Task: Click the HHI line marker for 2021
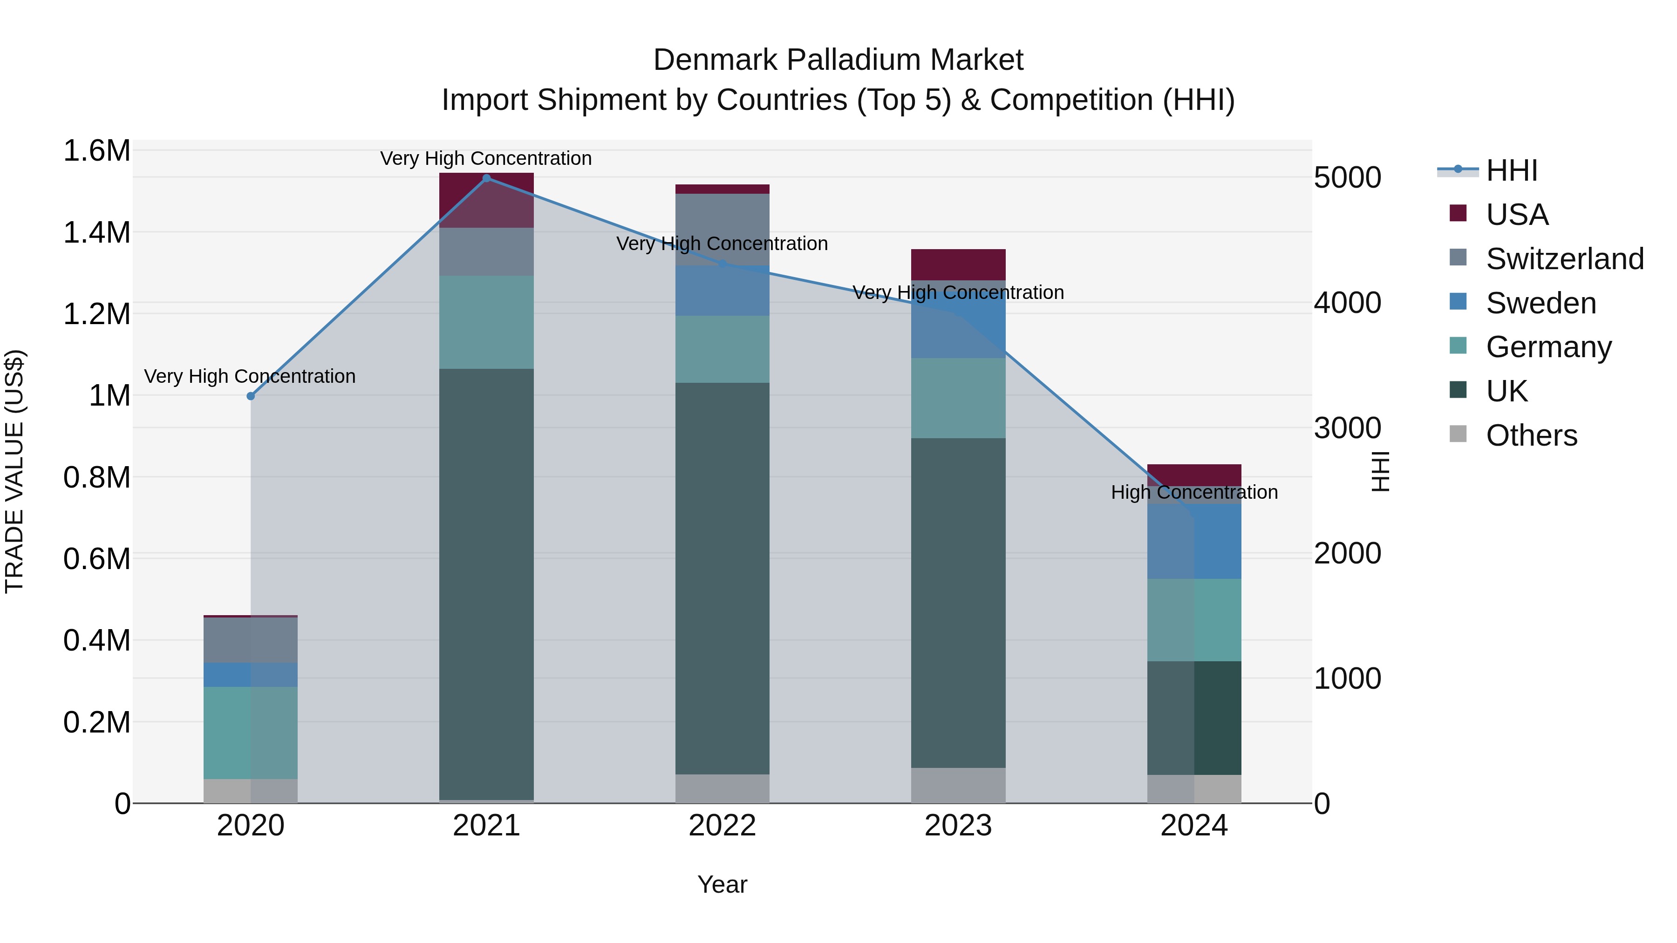tap(486, 178)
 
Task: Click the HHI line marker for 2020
tap(251, 396)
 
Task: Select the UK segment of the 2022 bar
tap(722, 578)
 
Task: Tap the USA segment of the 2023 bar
tap(958, 264)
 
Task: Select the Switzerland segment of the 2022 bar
tap(722, 229)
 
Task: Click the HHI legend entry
tap(1512, 170)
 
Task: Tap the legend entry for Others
tap(1531, 435)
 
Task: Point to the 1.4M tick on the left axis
tap(96, 232)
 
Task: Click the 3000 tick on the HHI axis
tap(1347, 428)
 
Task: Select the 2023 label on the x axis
tap(958, 826)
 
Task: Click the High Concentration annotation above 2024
tap(1194, 492)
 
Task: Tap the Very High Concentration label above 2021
tap(486, 158)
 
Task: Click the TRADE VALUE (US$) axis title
tap(14, 471)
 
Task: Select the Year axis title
tap(722, 884)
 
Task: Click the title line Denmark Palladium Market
tap(838, 60)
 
